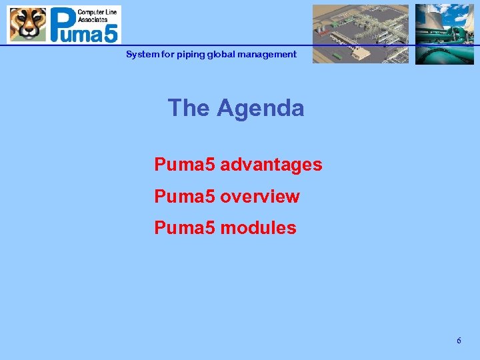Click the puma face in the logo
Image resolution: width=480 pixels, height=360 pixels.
click(27, 25)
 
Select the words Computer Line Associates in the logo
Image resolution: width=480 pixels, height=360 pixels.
click(97, 15)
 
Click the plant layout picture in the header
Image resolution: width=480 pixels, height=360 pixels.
click(360, 33)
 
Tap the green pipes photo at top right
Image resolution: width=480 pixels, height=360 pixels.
click(444, 34)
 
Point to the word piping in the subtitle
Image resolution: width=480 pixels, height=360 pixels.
click(191, 55)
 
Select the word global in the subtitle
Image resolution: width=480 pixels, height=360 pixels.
click(221, 55)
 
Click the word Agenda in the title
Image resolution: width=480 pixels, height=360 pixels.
click(260, 108)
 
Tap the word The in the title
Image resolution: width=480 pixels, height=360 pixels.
click(189, 108)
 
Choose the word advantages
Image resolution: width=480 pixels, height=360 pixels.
click(271, 164)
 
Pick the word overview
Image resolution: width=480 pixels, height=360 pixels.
click(260, 197)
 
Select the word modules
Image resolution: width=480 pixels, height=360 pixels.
click(258, 228)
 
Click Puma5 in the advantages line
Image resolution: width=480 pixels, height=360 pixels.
click(185, 164)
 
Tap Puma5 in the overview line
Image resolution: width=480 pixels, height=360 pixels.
click(185, 197)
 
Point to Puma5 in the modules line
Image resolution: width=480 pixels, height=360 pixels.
click(185, 228)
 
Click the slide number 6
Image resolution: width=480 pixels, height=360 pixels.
click(459, 341)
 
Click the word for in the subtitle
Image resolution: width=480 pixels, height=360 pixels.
click(167, 55)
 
